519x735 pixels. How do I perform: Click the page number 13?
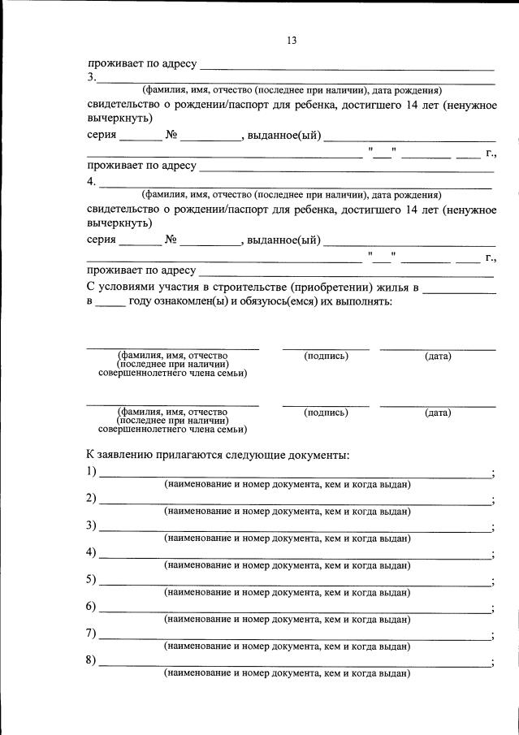292,41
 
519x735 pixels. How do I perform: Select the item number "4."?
92,182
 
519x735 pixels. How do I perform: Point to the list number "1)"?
91,472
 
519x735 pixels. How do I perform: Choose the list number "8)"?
91,660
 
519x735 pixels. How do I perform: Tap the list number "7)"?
91,633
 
